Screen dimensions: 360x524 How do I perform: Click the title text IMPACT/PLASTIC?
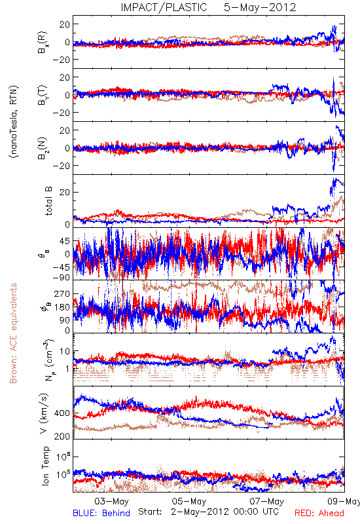point(164,7)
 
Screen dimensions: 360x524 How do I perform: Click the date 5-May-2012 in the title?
point(260,7)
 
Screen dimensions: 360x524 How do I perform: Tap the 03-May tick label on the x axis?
point(111,501)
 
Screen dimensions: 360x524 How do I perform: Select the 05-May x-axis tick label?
point(189,501)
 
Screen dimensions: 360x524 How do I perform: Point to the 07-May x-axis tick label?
point(267,501)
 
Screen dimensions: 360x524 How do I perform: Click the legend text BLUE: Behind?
point(101,513)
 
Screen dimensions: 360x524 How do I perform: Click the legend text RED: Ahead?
point(319,513)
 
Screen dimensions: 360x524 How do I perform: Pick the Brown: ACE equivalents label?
point(13,333)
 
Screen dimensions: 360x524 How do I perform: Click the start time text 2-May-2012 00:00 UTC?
point(225,512)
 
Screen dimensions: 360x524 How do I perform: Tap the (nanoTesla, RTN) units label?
point(14,122)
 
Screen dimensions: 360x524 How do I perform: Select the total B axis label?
point(48,201)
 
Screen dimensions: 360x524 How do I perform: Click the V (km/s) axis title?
point(44,413)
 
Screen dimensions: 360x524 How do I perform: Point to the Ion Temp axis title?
point(45,466)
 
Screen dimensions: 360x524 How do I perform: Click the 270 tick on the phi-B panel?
point(62,293)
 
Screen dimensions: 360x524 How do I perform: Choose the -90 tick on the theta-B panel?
point(61,277)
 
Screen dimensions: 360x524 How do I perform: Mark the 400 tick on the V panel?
point(62,413)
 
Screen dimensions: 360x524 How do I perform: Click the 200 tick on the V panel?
point(62,436)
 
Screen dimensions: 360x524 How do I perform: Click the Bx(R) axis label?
point(43,43)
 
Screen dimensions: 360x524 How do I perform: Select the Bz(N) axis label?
point(43,148)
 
